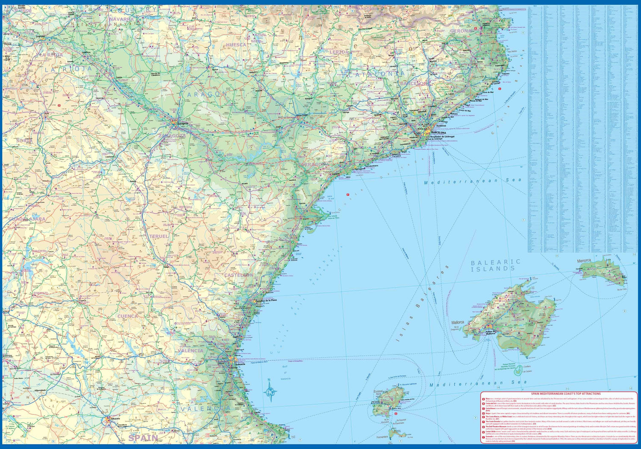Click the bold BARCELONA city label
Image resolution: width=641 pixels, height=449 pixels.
(x=438, y=133)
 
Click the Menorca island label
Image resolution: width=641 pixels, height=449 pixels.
(x=584, y=260)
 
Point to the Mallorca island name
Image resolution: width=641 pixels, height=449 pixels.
(x=458, y=323)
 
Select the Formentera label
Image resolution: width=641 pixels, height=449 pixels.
(x=382, y=437)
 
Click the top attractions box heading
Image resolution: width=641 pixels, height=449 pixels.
(x=565, y=393)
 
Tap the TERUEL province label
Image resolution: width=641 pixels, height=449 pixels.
(x=159, y=236)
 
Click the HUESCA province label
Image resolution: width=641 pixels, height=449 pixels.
(x=236, y=44)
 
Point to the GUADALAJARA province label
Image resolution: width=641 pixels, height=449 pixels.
(x=27, y=219)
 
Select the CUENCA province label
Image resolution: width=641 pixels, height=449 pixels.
(x=127, y=316)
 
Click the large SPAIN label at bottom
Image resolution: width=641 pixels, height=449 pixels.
(x=144, y=437)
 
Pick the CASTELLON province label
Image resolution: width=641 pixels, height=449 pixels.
(x=239, y=275)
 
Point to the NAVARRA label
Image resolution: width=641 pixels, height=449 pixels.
(x=121, y=19)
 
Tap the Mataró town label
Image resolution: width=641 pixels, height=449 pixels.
(x=454, y=114)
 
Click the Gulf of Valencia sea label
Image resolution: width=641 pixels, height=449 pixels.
(x=285, y=372)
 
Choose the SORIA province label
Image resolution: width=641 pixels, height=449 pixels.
(x=25, y=140)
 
